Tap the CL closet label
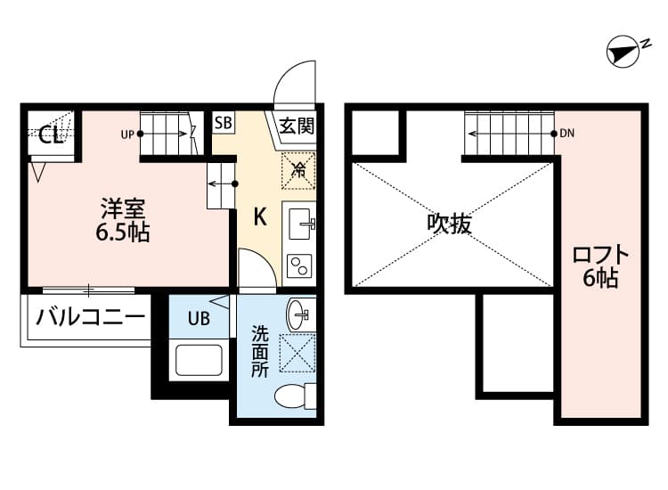tap(50, 135)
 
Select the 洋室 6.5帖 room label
tap(123, 222)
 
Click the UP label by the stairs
tap(127, 135)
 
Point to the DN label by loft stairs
tap(567, 135)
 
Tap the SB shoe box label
tap(223, 123)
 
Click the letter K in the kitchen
tap(259, 216)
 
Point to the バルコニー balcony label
tap(90, 316)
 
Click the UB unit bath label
tap(199, 318)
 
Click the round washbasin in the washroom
tap(298, 313)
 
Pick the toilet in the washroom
tap(294, 396)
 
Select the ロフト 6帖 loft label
tap(601, 266)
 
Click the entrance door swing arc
tap(292, 85)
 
